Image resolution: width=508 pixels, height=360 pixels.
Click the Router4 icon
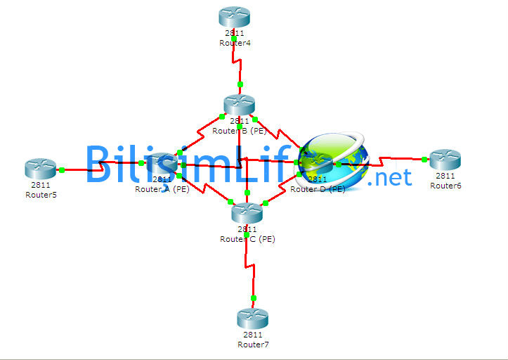pyautogui.click(x=234, y=16)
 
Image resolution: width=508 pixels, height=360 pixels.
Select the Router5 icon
pyautogui.click(x=40, y=169)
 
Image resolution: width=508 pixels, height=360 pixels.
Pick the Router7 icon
pyautogui.click(x=253, y=319)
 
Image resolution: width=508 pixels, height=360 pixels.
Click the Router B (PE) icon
pyautogui.click(x=239, y=105)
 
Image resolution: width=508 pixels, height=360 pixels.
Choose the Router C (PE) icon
pyautogui.click(x=247, y=212)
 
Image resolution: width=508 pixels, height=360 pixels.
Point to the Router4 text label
pyautogui.click(x=235, y=43)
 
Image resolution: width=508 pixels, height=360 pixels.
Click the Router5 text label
pyautogui.click(x=41, y=195)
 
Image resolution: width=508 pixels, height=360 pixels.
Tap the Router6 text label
pyautogui.click(x=445, y=186)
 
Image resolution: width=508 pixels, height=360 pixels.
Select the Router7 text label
pyautogui.click(x=253, y=345)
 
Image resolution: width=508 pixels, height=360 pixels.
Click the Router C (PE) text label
pyautogui.click(x=247, y=238)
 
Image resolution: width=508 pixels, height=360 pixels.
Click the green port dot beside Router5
pyautogui.click(x=62, y=169)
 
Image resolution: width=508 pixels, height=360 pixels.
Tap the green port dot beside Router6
pyautogui.click(x=424, y=160)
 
